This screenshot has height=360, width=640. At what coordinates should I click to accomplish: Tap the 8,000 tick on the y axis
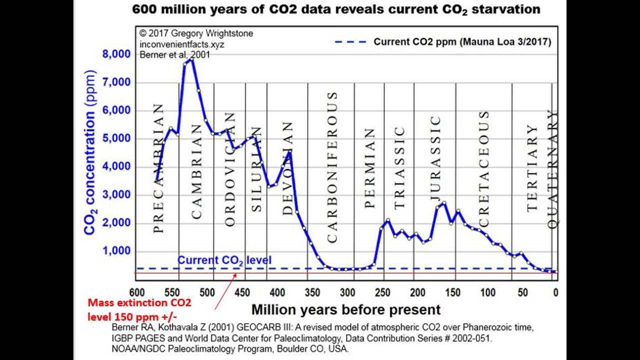point(115,54)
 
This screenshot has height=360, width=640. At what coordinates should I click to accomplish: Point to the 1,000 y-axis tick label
point(116,251)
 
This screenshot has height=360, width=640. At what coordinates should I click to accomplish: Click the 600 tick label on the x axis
point(136,292)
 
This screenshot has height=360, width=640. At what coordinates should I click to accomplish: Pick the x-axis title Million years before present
point(345,309)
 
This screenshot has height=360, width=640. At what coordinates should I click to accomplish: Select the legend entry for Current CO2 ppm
point(462,42)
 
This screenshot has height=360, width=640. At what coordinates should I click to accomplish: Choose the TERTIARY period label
point(532,167)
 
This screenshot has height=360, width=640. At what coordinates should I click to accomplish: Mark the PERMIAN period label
point(369,168)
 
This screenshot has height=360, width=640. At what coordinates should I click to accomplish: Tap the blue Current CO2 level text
point(224,260)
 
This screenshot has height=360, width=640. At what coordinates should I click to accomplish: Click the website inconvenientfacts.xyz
point(182,44)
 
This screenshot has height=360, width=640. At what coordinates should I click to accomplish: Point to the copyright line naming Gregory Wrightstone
point(196,33)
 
